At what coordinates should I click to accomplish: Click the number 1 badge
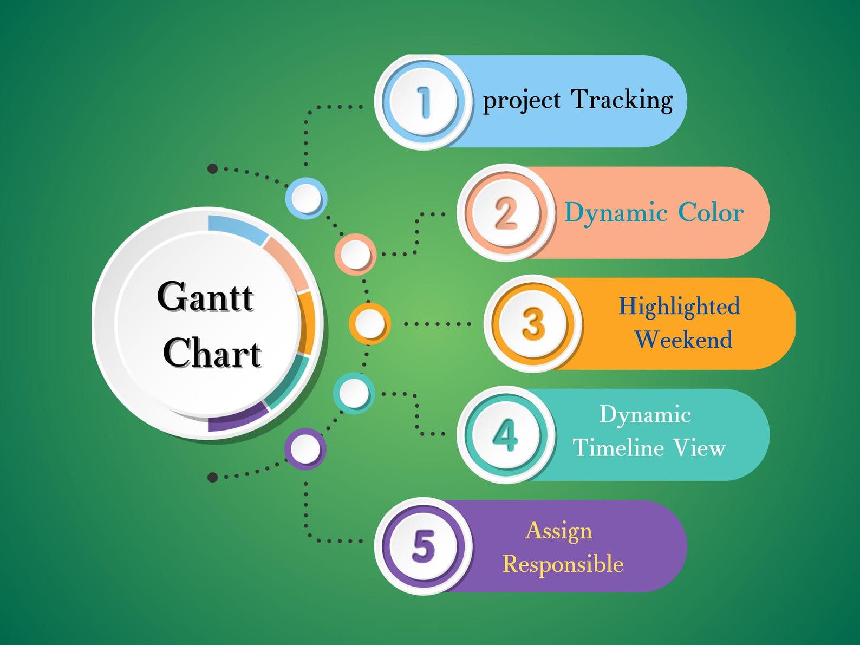coord(423,102)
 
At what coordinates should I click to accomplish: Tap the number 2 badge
coord(506,213)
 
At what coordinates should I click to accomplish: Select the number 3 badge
coord(533,324)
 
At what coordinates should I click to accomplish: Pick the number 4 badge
coord(506,435)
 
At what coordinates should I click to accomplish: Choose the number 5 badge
coord(423,546)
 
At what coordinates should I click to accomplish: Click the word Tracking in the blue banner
coord(622,100)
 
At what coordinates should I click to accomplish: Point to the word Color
coord(711,212)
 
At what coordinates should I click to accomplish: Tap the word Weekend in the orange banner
coord(683,340)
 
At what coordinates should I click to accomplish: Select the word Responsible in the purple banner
coord(563,564)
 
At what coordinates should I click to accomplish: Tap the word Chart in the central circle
coord(212,353)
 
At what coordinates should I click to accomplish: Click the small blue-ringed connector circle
coord(306,198)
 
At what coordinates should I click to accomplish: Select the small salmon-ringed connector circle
coord(355,254)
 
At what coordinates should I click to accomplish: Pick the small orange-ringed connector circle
coord(369,324)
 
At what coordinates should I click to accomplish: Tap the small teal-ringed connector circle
coord(354,393)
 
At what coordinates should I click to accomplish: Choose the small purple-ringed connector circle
coord(305,449)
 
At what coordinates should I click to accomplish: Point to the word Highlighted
coord(679,307)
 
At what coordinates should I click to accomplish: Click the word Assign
coord(558,531)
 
